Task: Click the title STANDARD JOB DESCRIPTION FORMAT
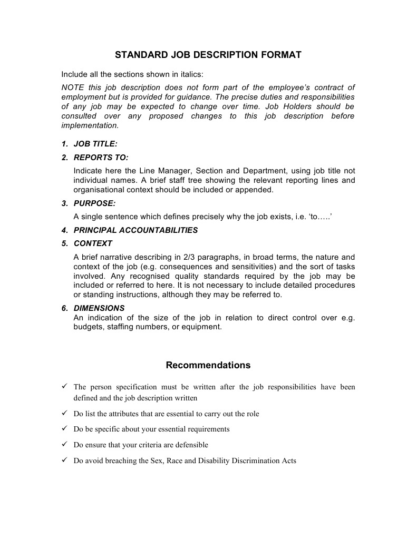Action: point(208,55)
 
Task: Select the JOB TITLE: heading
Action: point(95,144)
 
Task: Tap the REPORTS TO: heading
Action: point(101,157)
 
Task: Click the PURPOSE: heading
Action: point(94,203)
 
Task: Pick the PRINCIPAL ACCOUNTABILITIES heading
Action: point(135,230)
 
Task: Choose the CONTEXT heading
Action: point(93,243)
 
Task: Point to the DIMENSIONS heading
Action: point(99,308)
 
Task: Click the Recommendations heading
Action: point(208,365)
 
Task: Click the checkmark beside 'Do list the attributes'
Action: point(64,413)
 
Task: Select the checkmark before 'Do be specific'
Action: point(64,429)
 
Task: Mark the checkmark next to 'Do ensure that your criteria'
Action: point(64,445)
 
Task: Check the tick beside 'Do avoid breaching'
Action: point(64,460)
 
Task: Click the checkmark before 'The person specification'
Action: point(64,387)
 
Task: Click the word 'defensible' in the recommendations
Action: point(192,445)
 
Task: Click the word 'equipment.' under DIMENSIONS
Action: point(203,327)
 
